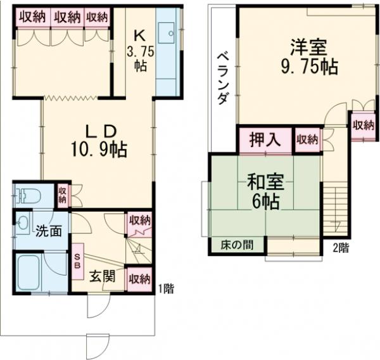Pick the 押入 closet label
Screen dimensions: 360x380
point(264,139)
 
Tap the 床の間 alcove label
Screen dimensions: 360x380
point(234,245)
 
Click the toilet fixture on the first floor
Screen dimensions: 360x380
point(25,193)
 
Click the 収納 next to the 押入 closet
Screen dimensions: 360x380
point(307,139)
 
